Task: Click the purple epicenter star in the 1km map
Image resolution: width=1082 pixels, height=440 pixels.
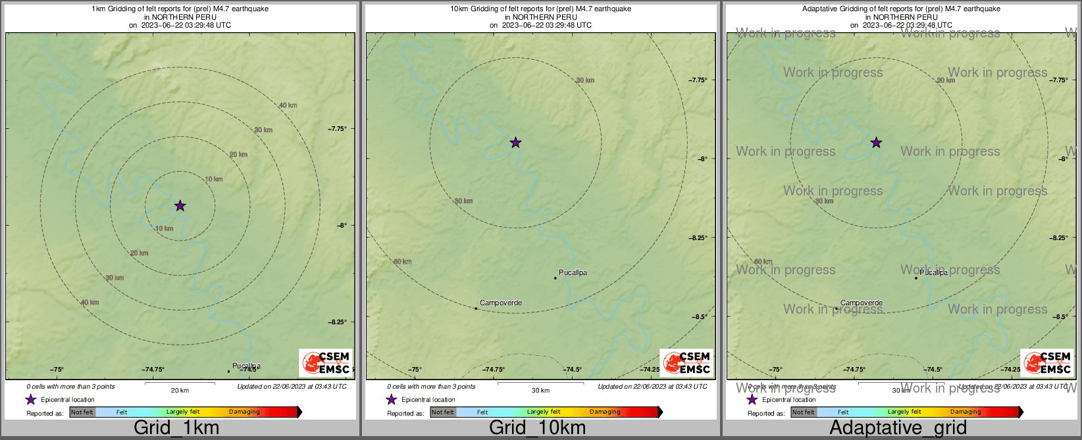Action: (180, 206)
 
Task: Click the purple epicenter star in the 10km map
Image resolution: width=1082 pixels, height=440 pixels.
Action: (515, 142)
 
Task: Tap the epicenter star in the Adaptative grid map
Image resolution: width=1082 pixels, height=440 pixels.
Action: (876, 142)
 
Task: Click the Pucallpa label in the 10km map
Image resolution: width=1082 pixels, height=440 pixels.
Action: (573, 272)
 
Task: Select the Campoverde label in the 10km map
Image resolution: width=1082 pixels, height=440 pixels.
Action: (501, 303)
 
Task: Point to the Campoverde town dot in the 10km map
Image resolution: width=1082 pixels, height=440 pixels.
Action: (476, 308)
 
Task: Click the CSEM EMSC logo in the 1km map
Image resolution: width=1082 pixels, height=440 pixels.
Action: (326, 363)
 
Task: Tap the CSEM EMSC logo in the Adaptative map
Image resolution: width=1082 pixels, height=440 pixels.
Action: (1047, 363)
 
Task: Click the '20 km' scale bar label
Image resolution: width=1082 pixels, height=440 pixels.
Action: (180, 391)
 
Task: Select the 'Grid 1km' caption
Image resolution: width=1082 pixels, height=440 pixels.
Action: (176, 428)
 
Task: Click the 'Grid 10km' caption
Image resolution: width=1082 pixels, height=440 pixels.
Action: (537, 428)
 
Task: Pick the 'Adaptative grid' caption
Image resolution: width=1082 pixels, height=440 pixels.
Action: (898, 428)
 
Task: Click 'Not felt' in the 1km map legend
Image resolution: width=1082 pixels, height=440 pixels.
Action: (82, 412)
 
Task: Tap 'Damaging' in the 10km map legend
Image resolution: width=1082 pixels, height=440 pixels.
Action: (605, 412)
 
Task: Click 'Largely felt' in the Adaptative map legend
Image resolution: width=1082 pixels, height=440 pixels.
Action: (904, 412)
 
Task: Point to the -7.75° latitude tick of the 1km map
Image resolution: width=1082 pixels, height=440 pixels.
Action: (338, 129)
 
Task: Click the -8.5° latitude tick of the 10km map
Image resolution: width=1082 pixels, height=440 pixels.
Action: (699, 317)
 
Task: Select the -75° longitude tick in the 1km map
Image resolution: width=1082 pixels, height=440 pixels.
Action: (58, 370)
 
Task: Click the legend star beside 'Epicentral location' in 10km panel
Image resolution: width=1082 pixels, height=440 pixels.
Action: (392, 399)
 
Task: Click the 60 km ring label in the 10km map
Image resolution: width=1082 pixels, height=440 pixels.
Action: (402, 262)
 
